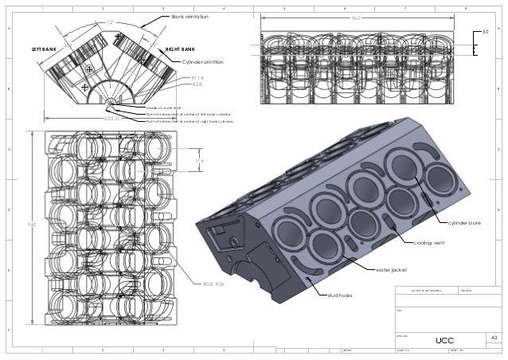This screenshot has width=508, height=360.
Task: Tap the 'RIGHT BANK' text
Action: [182, 49]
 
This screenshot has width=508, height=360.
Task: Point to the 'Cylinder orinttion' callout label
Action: [203, 61]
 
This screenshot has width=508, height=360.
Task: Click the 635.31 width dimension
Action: [111, 117]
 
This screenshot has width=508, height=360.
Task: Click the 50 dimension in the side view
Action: [486, 32]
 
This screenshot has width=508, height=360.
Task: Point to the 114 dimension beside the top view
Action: [199, 161]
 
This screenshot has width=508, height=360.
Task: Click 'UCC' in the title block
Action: [444, 340]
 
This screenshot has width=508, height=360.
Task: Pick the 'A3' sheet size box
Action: [494, 338]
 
